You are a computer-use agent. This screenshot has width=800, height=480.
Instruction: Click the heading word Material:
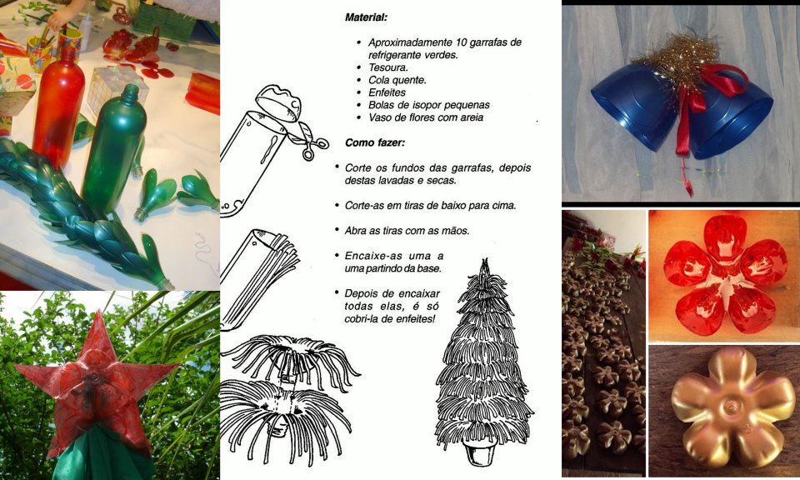[366, 17]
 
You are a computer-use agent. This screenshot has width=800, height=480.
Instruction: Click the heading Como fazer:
[375, 142]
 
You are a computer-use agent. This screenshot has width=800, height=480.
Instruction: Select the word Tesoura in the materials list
[387, 67]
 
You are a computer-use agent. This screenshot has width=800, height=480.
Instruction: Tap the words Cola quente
[397, 80]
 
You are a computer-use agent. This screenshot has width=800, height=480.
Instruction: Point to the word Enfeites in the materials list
[387, 92]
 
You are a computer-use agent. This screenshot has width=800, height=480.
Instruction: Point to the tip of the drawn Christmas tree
[484, 259]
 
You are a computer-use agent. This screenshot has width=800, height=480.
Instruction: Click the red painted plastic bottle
[58, 104]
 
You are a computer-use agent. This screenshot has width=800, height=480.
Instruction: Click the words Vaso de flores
[405, 117]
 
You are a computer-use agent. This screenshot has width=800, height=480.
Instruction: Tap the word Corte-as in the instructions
[362, 206]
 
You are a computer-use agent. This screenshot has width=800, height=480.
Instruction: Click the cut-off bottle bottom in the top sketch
[278, 103]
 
